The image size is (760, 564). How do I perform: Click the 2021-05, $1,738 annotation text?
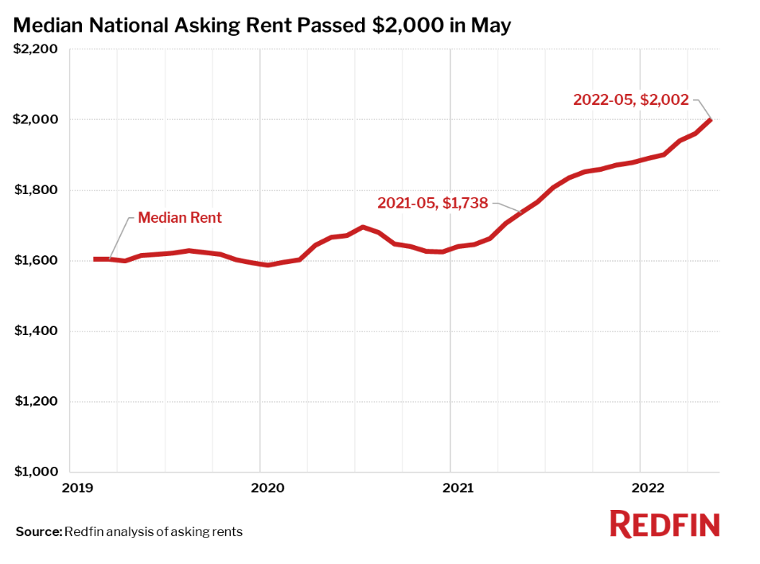tap(432, 203)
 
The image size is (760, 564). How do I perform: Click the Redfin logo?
tap(665, 524)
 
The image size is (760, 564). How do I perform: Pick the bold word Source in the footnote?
tap(37, 531)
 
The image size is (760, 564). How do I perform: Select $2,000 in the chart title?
tap(409, 25)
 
